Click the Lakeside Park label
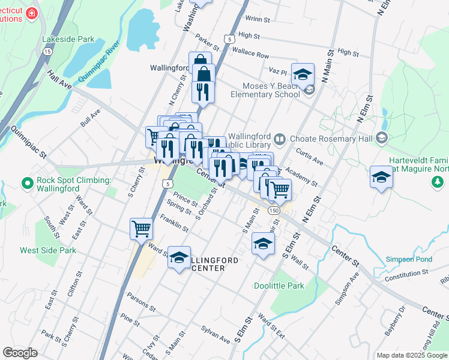coord(68,39)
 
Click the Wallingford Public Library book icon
coord(280,140)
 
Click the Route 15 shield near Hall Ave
coord(47,52)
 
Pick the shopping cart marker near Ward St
coord(141,229)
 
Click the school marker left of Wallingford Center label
coord(179,257)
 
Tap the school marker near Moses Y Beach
coord(303,74)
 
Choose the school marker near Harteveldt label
coord(381,178)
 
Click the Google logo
coord(20,353)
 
